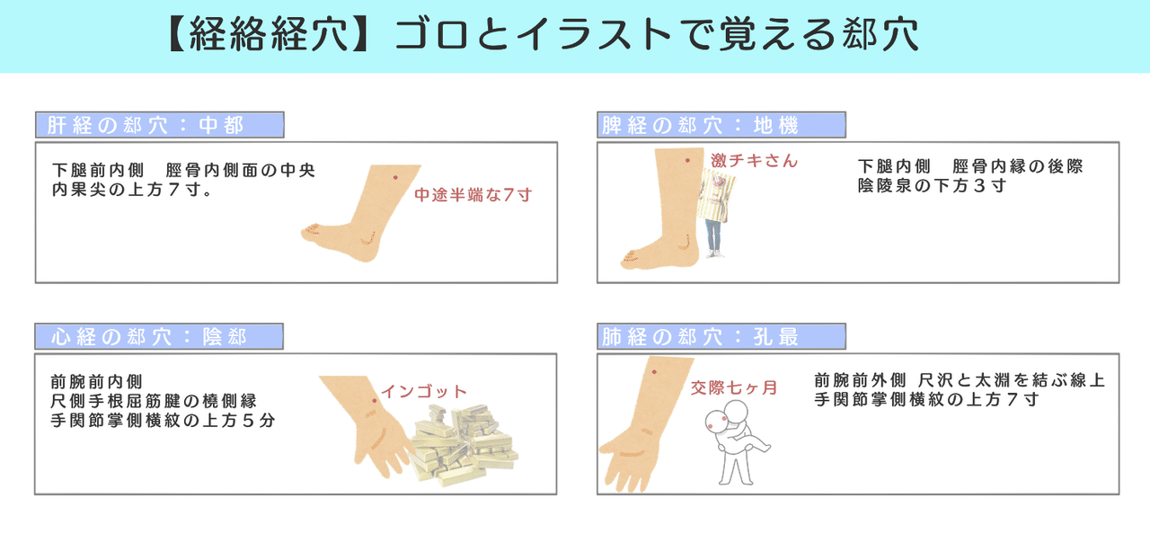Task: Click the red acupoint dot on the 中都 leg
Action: (394, 178)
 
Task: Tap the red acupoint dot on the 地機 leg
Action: (687, 160)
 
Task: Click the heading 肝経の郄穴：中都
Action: (159, 125)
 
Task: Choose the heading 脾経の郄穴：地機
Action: (721, 125)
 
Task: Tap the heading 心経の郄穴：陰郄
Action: (159, 337)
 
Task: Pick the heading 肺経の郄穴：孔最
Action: (721, 337)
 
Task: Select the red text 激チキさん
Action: (754, 161)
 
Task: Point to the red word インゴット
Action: (424, 392)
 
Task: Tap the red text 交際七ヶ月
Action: (733, 389)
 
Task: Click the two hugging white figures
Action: (739, 440)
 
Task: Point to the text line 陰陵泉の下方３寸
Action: (932, 186)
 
